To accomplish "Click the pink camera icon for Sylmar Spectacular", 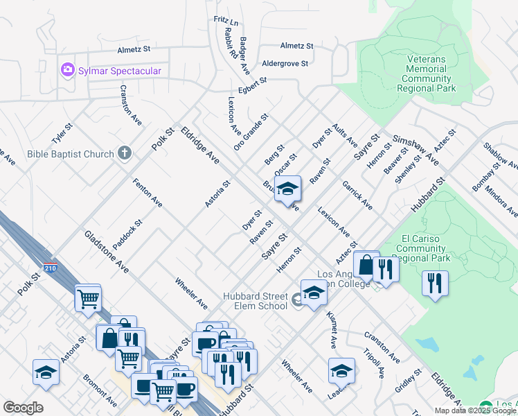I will coord(67,70).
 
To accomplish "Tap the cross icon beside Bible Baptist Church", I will coord(125,153).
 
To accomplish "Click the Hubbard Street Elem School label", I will coord(255,301).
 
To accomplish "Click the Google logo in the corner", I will coord(23,408).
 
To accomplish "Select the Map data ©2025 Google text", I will coord(475,410).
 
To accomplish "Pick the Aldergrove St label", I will coord(285,63).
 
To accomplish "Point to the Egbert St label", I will coord(251,86).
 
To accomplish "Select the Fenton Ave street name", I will coord(147,193).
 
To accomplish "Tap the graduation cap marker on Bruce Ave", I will coord(287,188).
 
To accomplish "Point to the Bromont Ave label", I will coord(100,390).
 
